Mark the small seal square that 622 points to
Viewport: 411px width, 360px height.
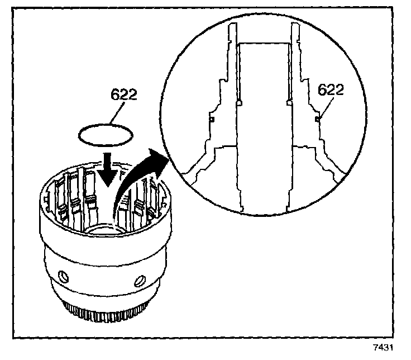316,119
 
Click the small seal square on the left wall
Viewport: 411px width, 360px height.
213,119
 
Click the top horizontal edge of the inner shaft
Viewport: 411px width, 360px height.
264,44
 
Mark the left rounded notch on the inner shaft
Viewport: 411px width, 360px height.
239,102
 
